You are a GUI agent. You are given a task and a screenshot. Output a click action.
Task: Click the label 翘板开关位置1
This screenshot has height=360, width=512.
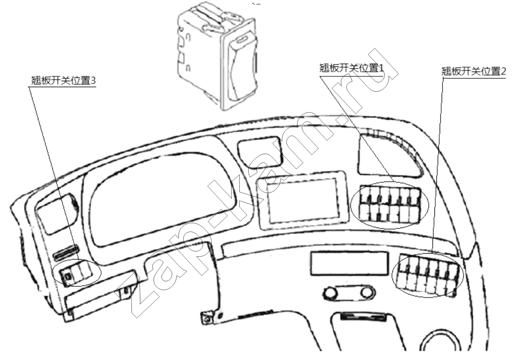click(x=352, y=68)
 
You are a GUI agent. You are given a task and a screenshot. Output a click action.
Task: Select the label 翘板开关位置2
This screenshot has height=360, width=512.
click(x=473, y=71)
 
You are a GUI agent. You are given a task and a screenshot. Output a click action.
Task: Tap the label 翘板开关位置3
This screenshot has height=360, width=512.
click(x=63, y=80)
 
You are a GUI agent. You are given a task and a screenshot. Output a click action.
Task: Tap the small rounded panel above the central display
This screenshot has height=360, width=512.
click(x=260, y=152)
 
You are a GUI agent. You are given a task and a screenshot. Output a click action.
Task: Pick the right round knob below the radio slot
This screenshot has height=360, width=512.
click(x=367, y=292)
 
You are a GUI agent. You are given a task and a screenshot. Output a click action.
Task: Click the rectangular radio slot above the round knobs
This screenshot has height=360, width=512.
click(x=349, y=263)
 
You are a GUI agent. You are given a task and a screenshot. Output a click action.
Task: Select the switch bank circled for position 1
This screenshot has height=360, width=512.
click(x=390, y=205)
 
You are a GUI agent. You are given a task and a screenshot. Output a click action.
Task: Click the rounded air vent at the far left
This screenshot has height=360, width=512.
click(x=57, y=213)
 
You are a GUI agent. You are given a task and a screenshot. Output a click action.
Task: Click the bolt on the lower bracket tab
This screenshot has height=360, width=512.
click(x=207, y=319)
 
